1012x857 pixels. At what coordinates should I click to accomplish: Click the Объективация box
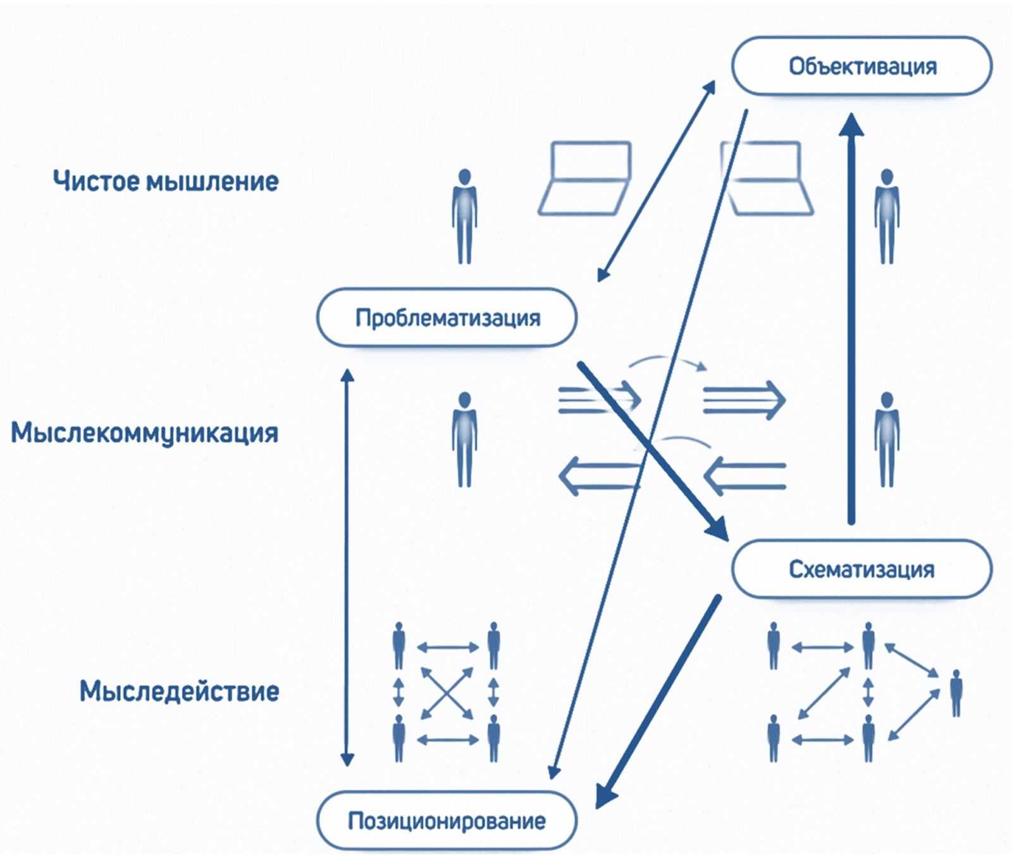[861, 66]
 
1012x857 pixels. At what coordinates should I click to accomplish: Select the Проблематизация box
[447, 318]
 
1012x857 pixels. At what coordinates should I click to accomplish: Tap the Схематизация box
[861, 569]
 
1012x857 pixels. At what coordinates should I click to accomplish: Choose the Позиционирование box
[447, 820]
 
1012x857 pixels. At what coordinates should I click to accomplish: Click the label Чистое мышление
[166, 182]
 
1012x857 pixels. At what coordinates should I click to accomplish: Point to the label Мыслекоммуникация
[145, 433]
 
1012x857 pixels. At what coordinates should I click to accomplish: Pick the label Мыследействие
[179, 691]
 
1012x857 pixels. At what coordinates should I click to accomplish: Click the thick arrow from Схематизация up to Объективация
[851, 316]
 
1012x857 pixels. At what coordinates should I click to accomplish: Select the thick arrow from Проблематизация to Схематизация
[651, 450]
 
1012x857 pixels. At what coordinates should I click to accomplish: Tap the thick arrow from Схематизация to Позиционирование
[658, 702]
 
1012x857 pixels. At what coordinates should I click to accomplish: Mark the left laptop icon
[585, 179]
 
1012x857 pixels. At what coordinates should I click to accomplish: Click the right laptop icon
[767, 179]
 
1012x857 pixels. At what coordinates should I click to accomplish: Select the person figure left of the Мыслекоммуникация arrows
[465, 439]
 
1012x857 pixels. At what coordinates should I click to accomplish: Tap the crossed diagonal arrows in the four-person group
[447, 693]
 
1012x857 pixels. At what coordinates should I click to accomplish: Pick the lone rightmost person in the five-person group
[956, 693]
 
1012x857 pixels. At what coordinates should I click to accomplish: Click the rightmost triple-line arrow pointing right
[744, 400]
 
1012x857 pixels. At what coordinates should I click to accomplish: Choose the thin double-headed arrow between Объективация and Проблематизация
[656, 181]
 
